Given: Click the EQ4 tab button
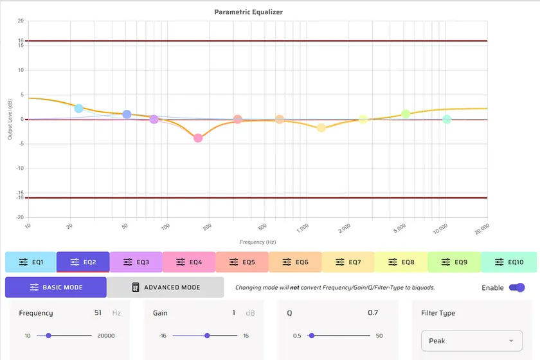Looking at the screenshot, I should point(189,262).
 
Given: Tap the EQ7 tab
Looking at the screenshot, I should point(348,262).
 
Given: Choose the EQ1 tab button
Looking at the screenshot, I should point(31,262).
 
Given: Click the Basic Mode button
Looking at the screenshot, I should point(56,287).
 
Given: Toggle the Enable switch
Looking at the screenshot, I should point(517,287).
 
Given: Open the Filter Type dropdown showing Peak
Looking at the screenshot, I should point(472,341).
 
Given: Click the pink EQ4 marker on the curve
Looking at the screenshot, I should point(198,138).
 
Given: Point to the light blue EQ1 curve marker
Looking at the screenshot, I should point(78,109).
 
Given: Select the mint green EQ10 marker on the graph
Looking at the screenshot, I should point(447,120).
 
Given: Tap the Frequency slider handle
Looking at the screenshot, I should point(48,336).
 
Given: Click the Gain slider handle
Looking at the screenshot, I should point(207,336).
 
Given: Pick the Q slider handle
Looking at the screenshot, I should point(311,336).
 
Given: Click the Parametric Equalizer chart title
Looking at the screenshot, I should point(248,12).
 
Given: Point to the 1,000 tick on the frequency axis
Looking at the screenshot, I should point(303,227).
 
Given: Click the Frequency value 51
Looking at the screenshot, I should point(98,313).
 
